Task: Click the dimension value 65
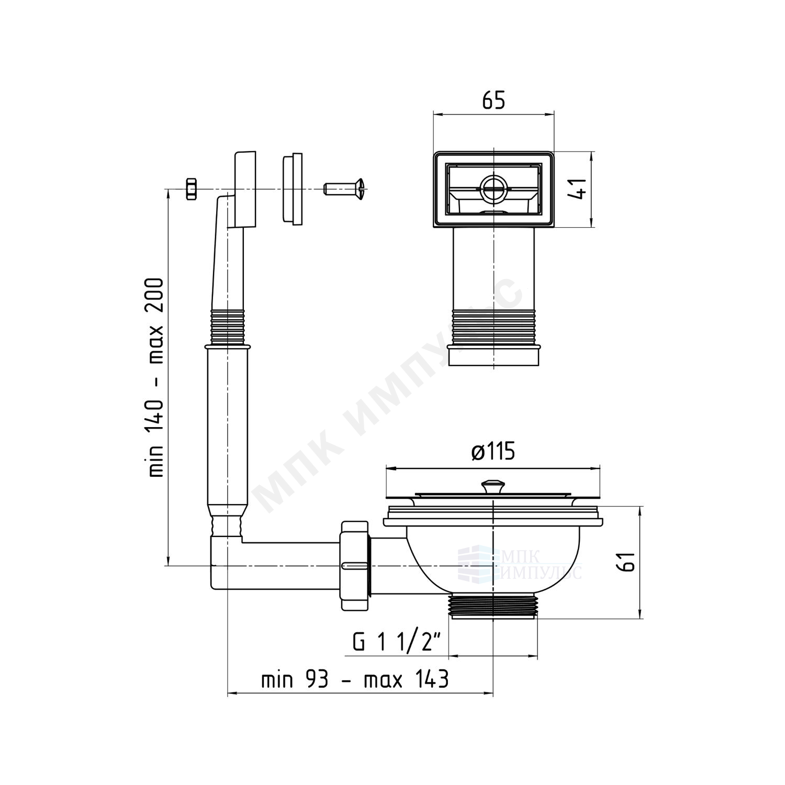494,100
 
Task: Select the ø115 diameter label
493,451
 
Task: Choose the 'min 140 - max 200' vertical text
156,377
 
